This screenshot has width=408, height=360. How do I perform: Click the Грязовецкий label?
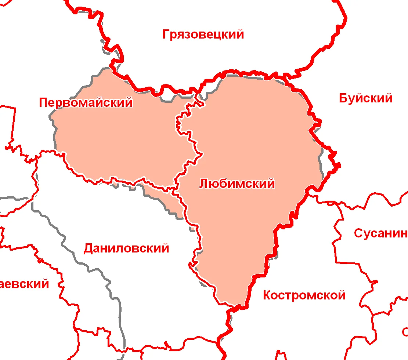point(203,34)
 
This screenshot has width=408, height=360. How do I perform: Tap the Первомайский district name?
point(86,102)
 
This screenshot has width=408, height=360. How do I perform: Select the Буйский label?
point(365,98)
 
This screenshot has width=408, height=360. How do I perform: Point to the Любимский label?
point(237,183)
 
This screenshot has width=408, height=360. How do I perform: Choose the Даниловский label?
point(126,248)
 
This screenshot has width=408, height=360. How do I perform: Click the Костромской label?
point(304,295)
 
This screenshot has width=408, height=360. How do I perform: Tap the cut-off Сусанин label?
point(380,233)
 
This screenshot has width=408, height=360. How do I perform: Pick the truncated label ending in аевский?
point(24,284)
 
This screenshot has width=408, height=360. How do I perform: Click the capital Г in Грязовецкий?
point(166,34)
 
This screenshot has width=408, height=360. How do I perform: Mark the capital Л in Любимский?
point(203,183)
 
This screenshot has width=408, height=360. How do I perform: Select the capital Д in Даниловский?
point(89,249)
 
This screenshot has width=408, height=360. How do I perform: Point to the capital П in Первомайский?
point(43,102)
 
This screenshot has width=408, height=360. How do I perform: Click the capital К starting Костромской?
point(267,295)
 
